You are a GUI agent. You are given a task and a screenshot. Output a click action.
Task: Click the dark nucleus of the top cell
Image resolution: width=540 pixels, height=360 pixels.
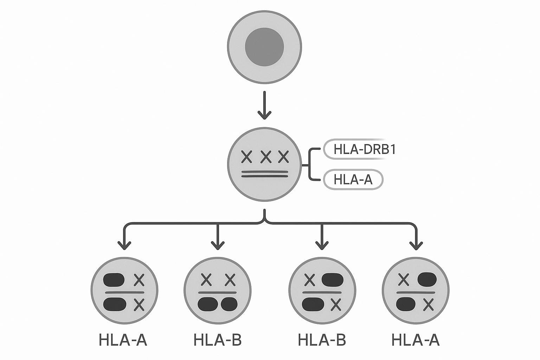tap(264, 47)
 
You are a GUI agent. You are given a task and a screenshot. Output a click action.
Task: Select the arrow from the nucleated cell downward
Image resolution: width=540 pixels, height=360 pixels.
tap(264, 105)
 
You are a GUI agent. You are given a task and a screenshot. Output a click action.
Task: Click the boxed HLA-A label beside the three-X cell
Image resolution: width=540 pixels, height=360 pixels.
tap(353, 179)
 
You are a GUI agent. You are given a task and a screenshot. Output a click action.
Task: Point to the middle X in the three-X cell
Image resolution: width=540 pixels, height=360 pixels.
tap(265, 156)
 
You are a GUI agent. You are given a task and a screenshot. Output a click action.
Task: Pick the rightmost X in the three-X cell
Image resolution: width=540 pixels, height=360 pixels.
tap(283, 156)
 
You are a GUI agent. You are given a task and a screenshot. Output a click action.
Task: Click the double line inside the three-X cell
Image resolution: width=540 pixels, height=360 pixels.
tap(265, 174)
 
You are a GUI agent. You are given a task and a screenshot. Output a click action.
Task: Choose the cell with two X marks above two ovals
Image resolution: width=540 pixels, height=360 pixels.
tap(218, 290)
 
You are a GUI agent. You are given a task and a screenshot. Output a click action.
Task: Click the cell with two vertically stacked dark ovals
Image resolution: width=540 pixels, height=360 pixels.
tap(124, 290)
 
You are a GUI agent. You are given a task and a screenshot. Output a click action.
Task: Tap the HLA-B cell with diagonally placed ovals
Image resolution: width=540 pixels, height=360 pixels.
tap(322, 290)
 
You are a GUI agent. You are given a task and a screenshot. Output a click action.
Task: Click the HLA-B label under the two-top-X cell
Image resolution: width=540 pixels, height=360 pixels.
tap(218, 340)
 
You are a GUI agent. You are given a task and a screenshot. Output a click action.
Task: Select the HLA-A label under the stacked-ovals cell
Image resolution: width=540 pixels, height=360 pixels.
tap(123, 340)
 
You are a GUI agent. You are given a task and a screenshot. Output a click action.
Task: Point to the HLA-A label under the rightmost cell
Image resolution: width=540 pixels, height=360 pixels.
tap(416, 340)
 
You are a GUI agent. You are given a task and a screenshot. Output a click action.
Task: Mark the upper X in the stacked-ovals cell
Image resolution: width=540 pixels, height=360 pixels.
tap(139, 280)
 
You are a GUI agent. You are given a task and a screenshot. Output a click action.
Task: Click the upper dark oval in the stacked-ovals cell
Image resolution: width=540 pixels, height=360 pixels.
tap(114, 280)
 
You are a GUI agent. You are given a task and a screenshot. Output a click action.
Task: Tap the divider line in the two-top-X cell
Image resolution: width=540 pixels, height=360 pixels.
tap(218, 293)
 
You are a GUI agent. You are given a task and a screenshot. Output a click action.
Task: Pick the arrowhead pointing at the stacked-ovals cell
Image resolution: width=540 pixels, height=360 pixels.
tap(124, 245)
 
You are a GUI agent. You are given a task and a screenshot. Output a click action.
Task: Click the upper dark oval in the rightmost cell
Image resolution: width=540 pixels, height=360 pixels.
tap(427, 279)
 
